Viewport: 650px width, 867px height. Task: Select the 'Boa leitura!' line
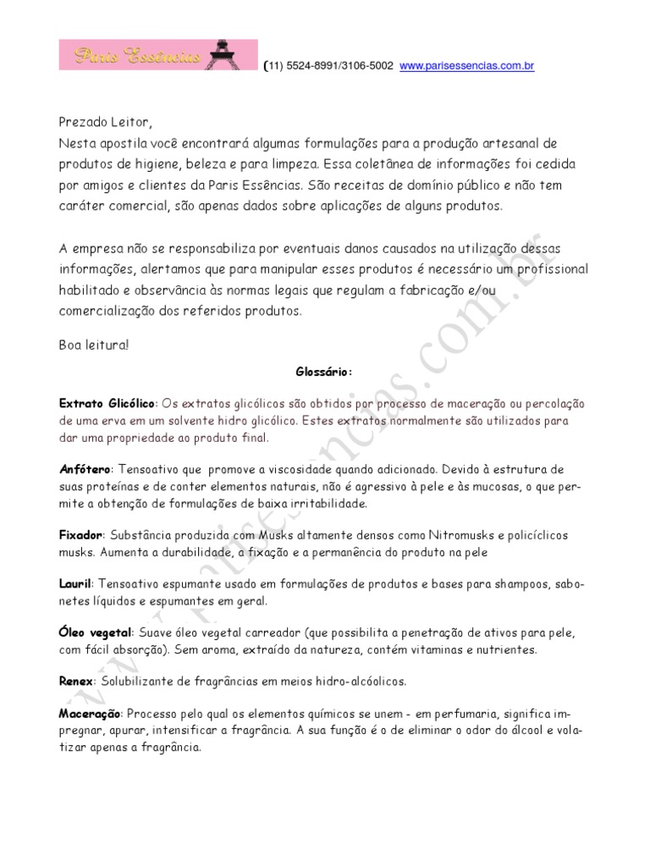[96, 345]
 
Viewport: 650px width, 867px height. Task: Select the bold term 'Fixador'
[81, 536]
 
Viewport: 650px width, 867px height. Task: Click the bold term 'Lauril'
[74, 584]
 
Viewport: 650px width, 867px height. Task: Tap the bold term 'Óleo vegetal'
[96, 632]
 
